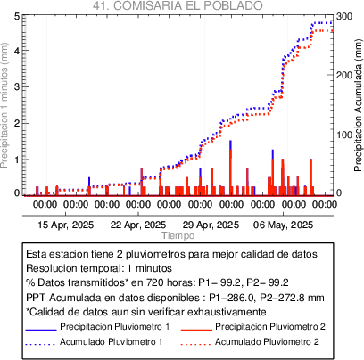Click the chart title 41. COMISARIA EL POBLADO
click(178, 5)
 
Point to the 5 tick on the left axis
click(17, 16)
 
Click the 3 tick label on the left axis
click(17, 86)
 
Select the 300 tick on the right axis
click(344, 16)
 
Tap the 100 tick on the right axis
click(344, 135)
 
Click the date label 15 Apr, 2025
click(66, 225)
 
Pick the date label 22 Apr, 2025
click(138, 225)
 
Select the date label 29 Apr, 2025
click(211, 225)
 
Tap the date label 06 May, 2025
click(283, 225)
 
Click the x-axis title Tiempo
click(178, 235)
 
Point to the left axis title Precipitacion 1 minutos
click(4, 105)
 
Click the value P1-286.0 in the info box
click(232, 298)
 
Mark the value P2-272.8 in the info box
click(283, 298)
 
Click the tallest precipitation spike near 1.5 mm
click(230, 168)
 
